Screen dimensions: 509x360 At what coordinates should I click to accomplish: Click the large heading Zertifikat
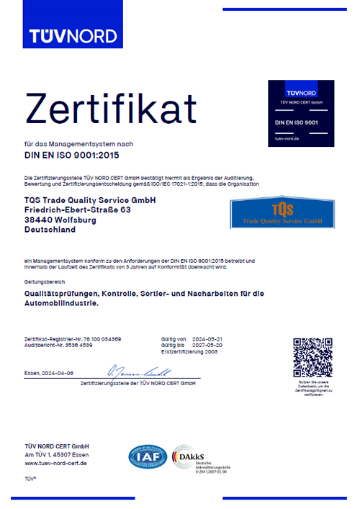click(x=112, y=109)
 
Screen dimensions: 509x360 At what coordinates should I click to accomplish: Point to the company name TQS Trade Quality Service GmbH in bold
click(x=90, y=199)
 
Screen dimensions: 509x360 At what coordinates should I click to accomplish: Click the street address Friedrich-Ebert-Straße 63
click(x=77, y=210)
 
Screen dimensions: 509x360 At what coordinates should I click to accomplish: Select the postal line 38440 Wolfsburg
click(x=60, y=220)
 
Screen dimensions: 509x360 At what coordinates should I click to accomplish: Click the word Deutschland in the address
click(x=50, y=230)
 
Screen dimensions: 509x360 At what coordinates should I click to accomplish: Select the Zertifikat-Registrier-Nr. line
click(x=73, y=338)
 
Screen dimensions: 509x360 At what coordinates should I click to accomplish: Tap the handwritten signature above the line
click(x=138, y=372)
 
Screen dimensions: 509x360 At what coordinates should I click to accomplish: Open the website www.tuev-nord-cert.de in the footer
click(x=56, y=463)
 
